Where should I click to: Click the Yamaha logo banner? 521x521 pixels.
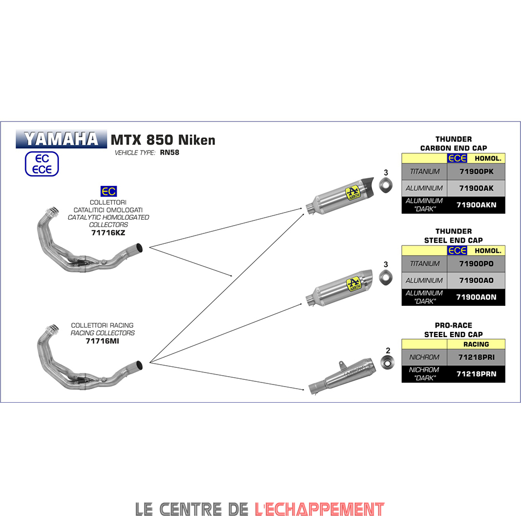click(x=61, y=139)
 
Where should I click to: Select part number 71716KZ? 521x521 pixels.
click(x=108, y=233)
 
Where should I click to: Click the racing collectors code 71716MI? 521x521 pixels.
click(x=103, y=341)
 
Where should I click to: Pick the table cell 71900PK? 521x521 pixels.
click(x=476, y=171)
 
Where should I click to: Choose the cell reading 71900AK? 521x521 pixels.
click(x=476, y=188)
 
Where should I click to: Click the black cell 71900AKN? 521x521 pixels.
click(x=476, y=205)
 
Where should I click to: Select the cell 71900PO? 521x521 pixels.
click(x=476, y=264)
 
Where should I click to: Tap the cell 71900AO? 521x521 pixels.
click(x=476, y=280)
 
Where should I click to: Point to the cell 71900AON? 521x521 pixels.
click(x=476, y=297)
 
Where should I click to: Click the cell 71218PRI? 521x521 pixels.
click(x=476, y=357)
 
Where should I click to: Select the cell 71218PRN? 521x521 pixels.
click(x=476, y=374)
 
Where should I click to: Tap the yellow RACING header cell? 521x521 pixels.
click(x=476, y=344)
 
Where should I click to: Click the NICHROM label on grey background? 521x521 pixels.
click(x=424, y=357)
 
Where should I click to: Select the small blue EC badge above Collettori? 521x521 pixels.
click(x=108, y=191)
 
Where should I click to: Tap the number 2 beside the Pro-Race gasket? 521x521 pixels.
click(x=388, y=351)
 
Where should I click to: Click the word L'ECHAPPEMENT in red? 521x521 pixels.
click(x=319, y=508)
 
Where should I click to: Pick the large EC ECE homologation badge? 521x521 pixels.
click(x=42, y=164)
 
